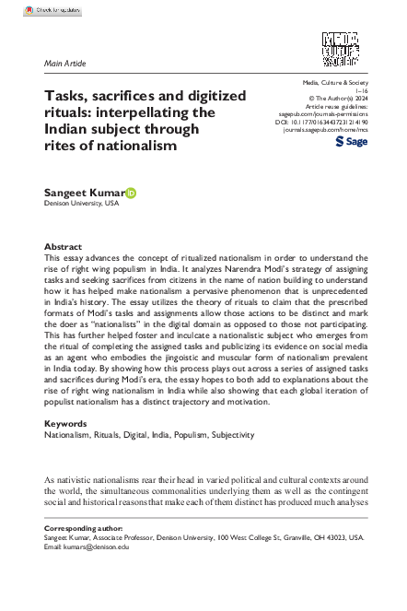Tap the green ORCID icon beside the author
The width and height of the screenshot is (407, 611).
(132, 192)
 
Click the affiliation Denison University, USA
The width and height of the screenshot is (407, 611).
(81, 203)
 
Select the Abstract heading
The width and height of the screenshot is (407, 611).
(64, 247)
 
